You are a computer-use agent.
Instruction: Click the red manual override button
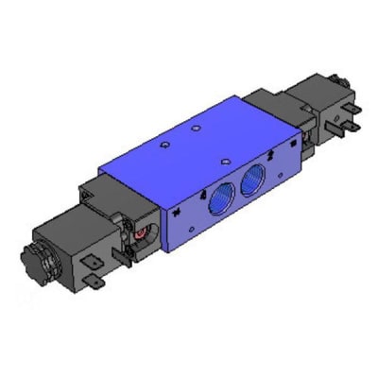141,231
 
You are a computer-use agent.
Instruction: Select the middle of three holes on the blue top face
196,125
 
